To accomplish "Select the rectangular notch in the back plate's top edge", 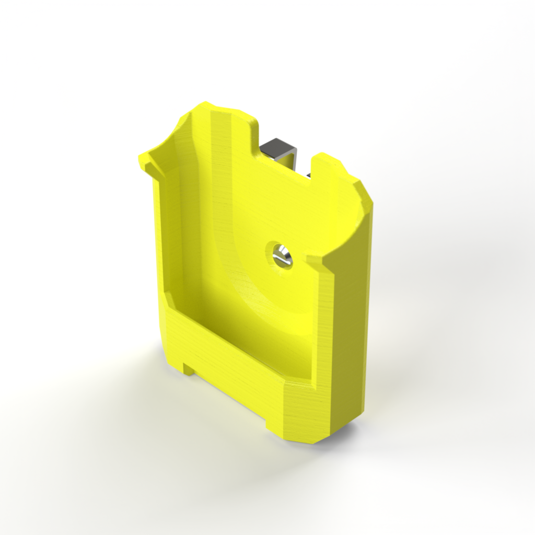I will tap(285, 157).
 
